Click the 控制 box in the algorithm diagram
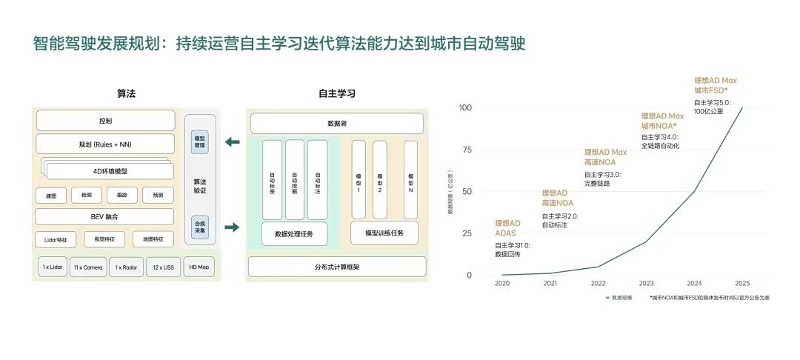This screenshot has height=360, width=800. tap(105, 121)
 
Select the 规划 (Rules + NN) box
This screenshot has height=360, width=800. tap(105, 143)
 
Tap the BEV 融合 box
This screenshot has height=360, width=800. tap(105, 216)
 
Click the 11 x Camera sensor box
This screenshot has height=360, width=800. tap(87, 267)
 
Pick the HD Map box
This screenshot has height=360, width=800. tap(199, 267)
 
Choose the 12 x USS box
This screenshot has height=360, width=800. tap(163, 267)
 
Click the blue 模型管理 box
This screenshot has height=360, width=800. tap(200, 142)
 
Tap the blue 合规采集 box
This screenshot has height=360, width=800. tap(200, 227)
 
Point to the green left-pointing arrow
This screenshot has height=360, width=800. tap(233, 141)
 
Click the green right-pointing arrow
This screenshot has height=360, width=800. tap(233, 227)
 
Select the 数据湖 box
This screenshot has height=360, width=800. tap(337, 123)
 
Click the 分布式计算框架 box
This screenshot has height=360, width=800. tap(337, 267)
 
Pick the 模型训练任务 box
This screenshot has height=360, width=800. tap(384, 233)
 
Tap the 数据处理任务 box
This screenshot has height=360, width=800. tap(294, 234)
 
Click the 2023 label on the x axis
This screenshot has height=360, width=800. tap(647, 283)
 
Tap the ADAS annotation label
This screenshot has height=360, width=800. tap(505, 233)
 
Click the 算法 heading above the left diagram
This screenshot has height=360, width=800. tap(127, 94)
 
